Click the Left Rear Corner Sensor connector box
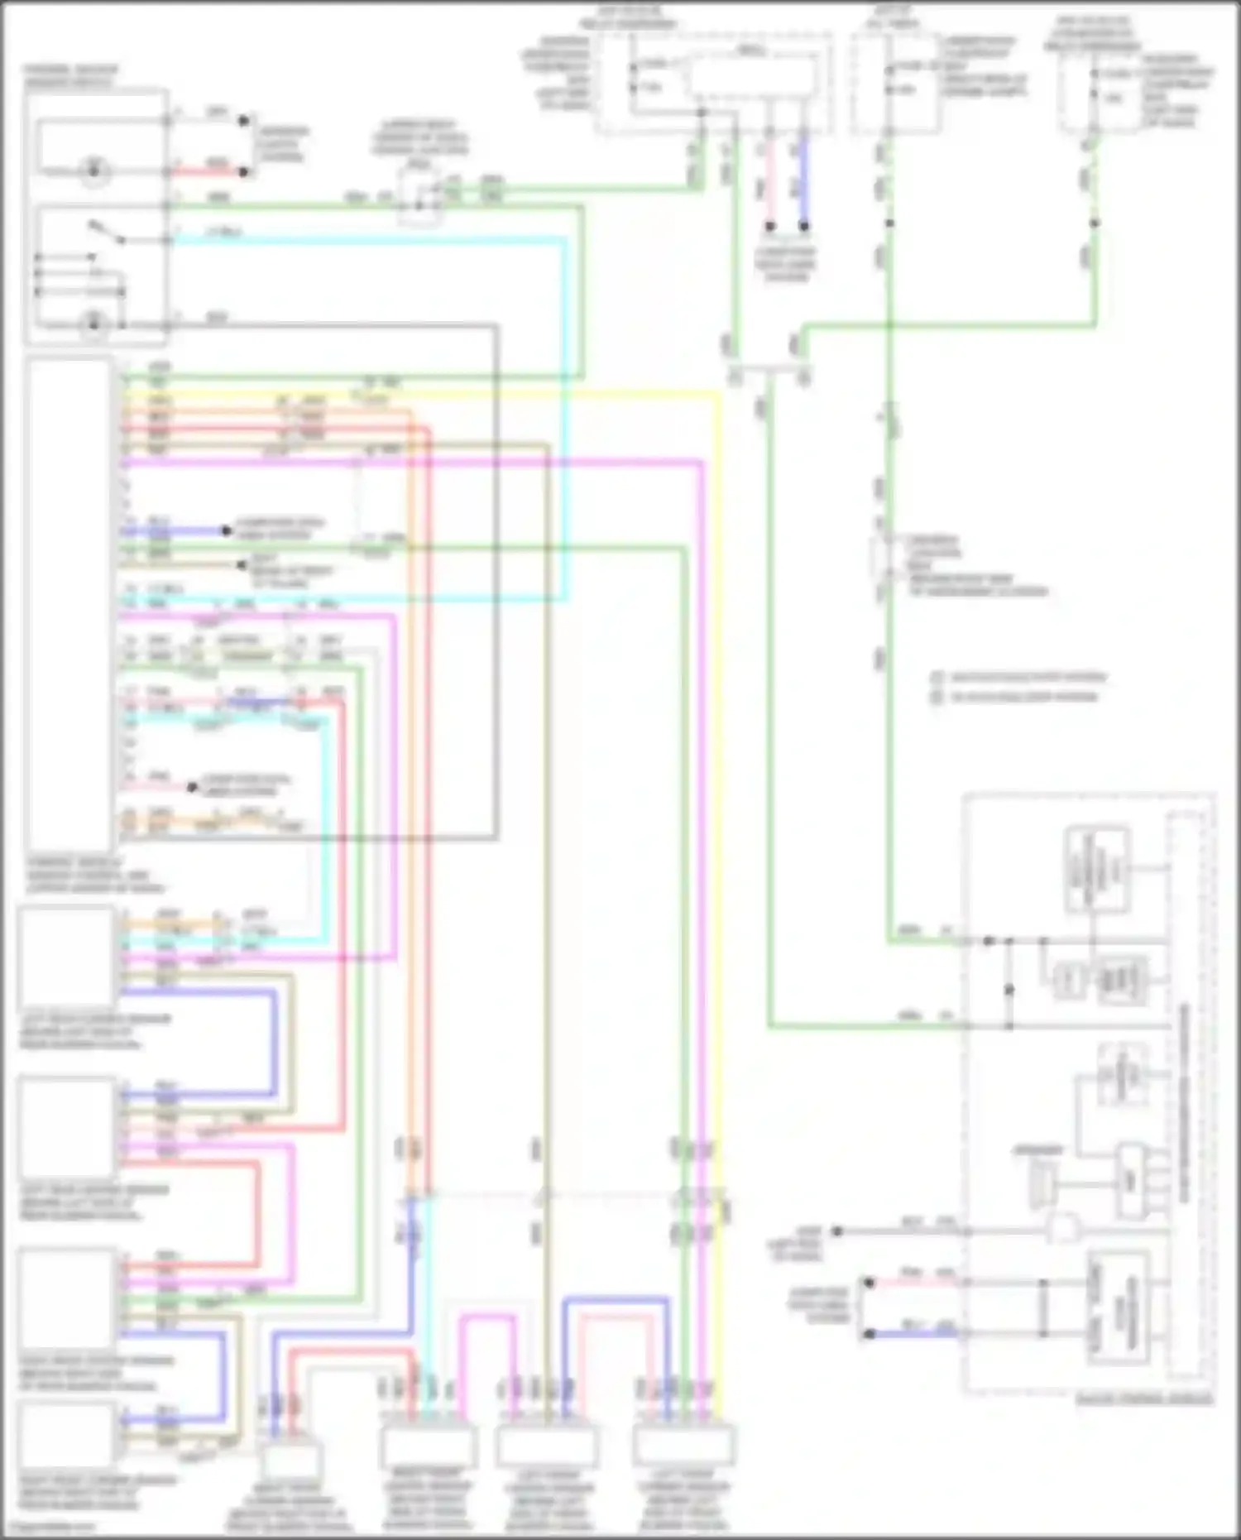pos(66,956)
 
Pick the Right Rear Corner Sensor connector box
pos(66,1436)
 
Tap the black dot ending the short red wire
pos(243,172)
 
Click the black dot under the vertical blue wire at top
pos(803,225)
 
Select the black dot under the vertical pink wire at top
pos(769,225)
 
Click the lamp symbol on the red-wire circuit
pos(95,172)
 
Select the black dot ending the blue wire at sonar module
pos(869,1334)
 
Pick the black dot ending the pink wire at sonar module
pos(869,1283)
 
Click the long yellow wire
pos(716,745)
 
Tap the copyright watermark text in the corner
pos(50,1527)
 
